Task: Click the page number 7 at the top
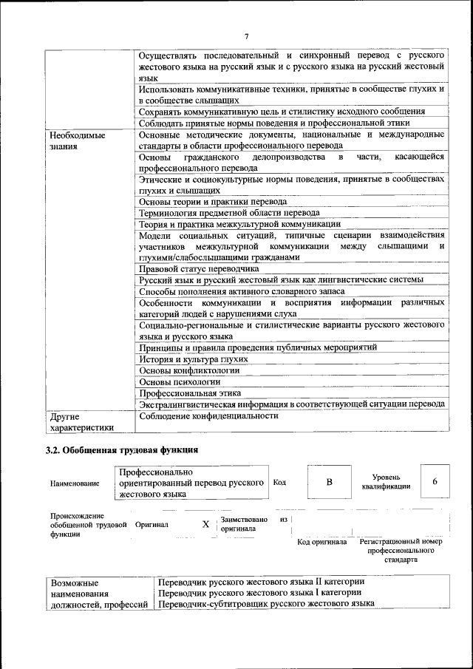click(247, 36)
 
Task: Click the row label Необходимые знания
click(77, 141)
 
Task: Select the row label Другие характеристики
click(81, 421)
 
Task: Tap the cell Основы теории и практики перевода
click(213, 201)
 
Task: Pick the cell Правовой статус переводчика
click(196, 269)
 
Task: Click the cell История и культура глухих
click(193, 359)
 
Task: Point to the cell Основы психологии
click(180, 381)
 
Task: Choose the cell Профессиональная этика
click(190, 393)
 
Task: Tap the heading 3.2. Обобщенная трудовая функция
click(122, 449)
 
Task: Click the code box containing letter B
click(330, 482)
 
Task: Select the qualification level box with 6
click(435, 482)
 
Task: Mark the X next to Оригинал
click(206, 524)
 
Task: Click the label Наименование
click(75, 483)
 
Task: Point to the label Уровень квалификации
click(386, 482)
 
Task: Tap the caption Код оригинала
click(321, 542)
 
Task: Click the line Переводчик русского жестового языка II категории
click(262, 581)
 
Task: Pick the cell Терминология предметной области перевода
click(229, 212)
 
